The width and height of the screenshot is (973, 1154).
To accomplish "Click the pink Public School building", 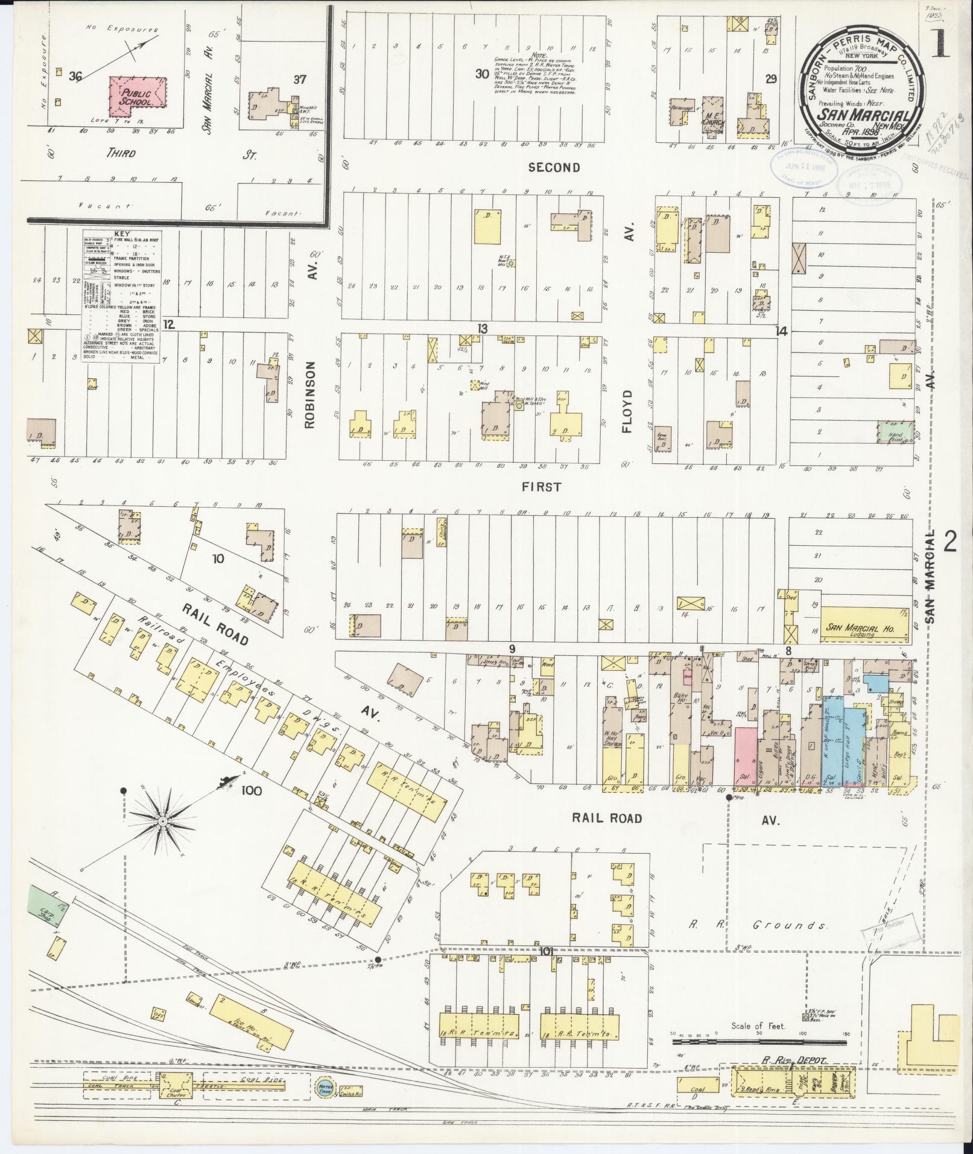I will [x=138, y=96].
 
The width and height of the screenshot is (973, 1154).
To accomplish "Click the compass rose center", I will [x=162, y=822].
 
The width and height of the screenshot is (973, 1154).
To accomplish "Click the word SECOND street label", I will [x=554, y=167].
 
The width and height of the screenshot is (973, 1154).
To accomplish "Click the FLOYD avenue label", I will [x=627, y=411].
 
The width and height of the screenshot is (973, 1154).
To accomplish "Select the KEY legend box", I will [x=121, y=296].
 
